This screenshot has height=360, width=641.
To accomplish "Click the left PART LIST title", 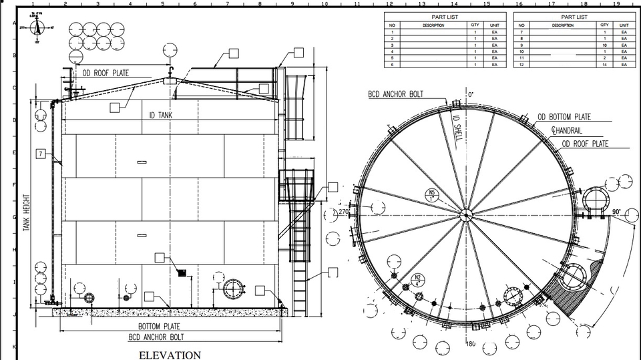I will (x=444, y=17).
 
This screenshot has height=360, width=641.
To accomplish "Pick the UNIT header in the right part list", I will (x=624, y=25).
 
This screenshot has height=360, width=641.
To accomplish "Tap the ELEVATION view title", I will (x=170, y=355).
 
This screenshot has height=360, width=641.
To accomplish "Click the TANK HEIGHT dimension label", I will (x=27, y=212).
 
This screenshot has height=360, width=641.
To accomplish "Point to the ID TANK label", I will (x=160, y=116).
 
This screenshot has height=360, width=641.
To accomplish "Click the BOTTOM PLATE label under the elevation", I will (x=159, y=326).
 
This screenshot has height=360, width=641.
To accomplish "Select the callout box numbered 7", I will (x=41, y=154).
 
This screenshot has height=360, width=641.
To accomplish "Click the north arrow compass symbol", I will (x=38, y=27).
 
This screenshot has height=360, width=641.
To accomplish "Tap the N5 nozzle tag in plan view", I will (x=432, y=195).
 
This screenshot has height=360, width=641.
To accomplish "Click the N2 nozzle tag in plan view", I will (x=418, y=279).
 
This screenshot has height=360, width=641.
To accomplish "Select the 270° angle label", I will (x=345, y=212).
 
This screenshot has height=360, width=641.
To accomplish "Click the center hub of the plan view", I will (x=465, y=214).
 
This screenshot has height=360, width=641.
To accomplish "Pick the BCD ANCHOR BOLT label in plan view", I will (x=395, y=95).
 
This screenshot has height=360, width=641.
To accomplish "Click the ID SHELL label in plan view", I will (x=457, y=127).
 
